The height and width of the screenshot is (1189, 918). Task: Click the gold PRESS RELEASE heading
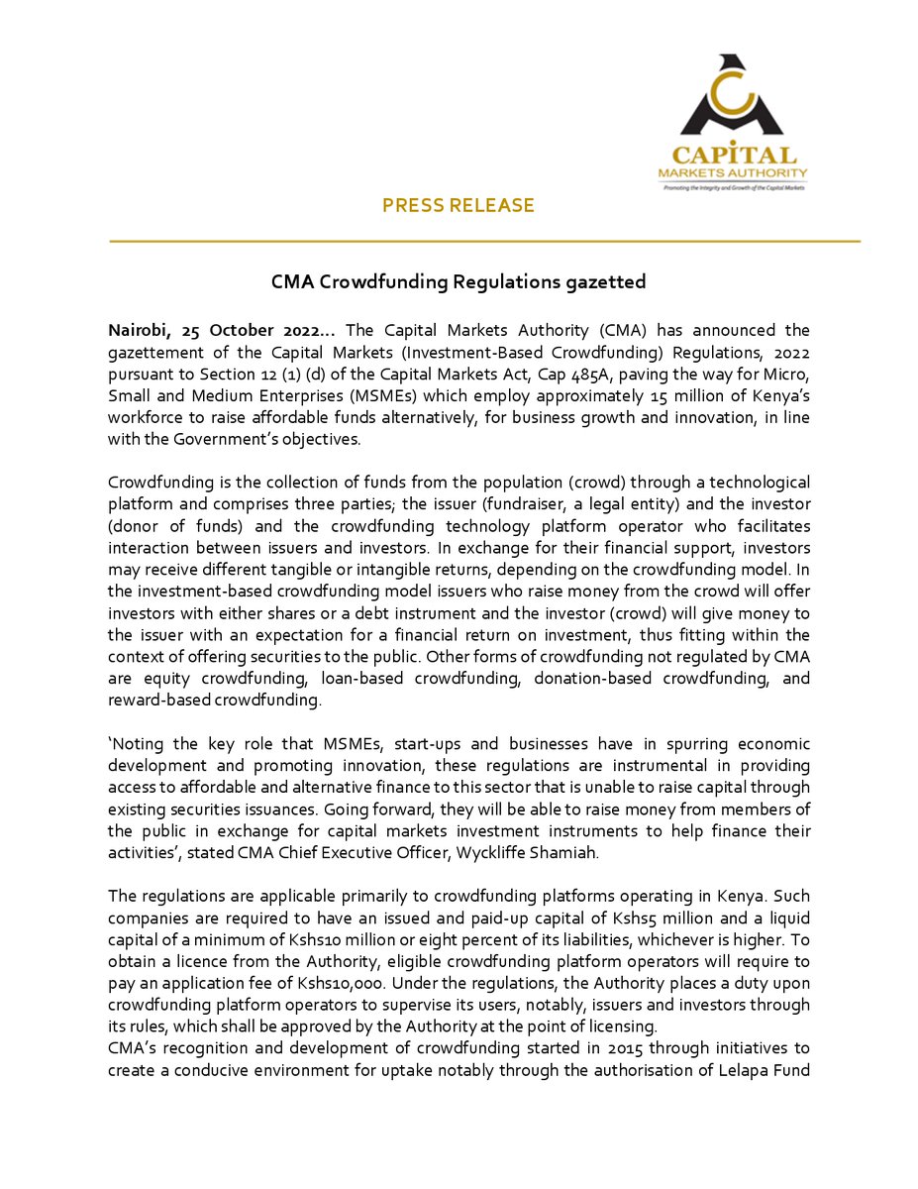[458, 205]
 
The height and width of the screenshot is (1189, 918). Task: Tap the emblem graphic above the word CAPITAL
[731, 99]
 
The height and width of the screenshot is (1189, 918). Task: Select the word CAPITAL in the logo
[733, 156]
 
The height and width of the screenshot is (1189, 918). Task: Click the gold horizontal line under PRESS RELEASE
[484, 241]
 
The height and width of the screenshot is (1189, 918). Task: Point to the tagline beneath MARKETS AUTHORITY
[732, 186]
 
